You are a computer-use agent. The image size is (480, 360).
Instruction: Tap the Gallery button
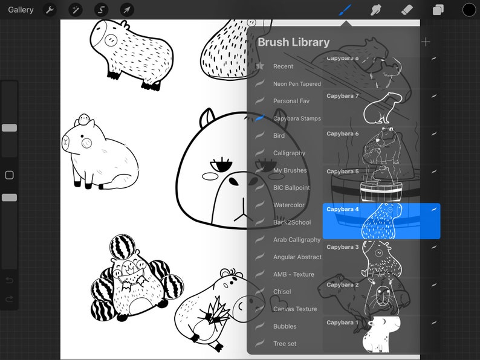pos(21,10)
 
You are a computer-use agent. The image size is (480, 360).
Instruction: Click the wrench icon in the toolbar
pos(50,10)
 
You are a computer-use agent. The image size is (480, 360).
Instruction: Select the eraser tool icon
pos(407,10)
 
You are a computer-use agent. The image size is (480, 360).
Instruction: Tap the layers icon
pos(438,10)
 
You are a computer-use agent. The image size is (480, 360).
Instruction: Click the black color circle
pos(469,10)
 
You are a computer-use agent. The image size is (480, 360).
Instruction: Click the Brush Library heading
pos(294,42)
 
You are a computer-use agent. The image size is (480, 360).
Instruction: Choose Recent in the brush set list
pos(283,66)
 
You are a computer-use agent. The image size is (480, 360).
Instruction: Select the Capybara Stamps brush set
pos(297,118)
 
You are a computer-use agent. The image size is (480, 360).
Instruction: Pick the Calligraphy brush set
pos(289,153)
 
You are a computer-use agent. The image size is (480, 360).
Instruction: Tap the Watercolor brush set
pos(289,205)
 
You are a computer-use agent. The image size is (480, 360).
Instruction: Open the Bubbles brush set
pos(285,326)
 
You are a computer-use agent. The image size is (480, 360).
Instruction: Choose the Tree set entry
pos(285,344)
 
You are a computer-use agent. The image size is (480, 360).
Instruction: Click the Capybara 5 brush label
pos(343,172)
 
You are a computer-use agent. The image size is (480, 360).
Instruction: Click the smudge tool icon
pos(376,10)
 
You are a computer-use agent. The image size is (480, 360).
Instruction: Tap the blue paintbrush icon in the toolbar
pos(345,10)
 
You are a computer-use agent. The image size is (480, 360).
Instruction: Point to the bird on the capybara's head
pos(85,118)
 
